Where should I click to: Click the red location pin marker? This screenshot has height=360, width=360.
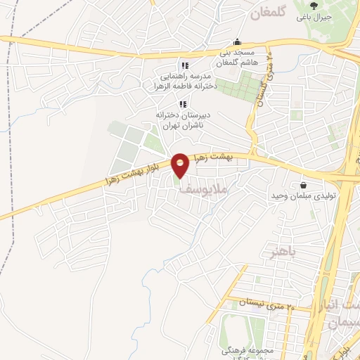(x=180, y=165)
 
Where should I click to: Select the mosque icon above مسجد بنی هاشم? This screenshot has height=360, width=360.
(x=238, y=41)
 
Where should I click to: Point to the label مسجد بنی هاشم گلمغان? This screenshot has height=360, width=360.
(x=238, y=58)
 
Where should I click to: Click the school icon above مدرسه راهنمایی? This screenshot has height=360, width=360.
(x=185, y=65)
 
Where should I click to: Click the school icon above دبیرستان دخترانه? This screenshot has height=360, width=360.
(x=182, y=105)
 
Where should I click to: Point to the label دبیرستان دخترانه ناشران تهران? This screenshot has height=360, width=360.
(x=181, y=120)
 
